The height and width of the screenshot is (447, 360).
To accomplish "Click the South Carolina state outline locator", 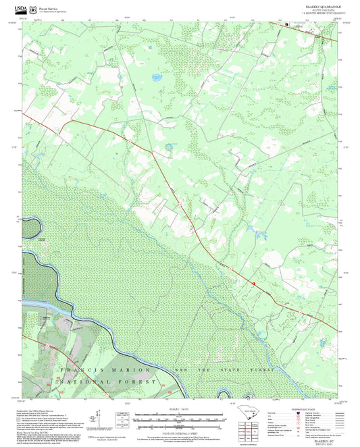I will coord(249,411).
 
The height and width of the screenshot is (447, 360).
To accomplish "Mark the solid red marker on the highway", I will coord(254,284).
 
